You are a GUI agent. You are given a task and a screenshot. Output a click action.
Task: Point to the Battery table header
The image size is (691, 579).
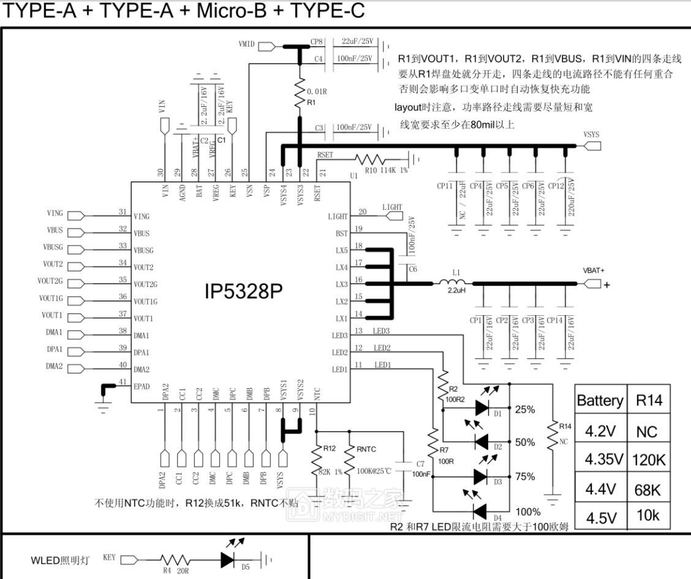(600, 401)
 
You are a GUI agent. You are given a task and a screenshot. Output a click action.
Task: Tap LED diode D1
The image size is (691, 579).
(483, 407)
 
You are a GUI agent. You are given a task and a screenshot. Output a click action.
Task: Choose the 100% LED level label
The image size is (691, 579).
(527, 512)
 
